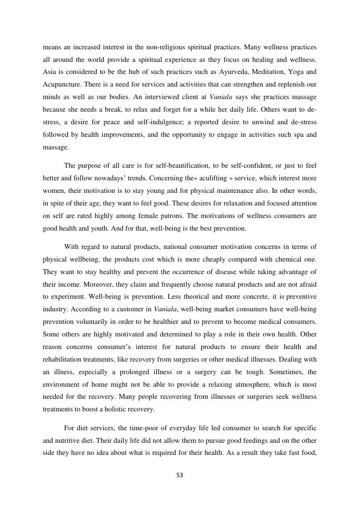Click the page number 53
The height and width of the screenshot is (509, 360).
tap(180, 475)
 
